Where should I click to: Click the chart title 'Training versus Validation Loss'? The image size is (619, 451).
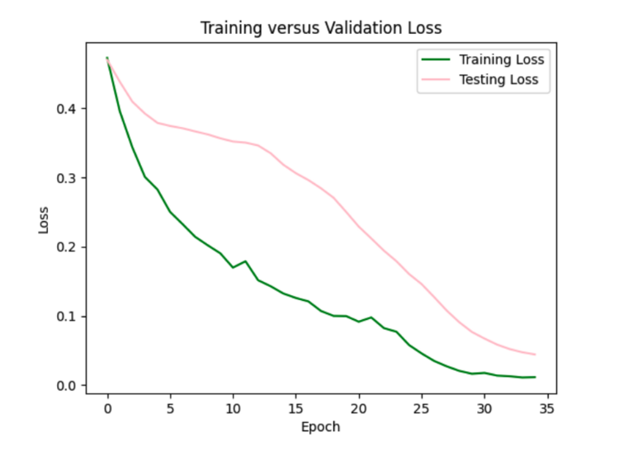[322, 28]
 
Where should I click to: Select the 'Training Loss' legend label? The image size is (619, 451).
[502, 59]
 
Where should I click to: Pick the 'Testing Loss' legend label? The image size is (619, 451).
[499, 80]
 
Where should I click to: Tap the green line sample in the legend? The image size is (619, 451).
[434, 59]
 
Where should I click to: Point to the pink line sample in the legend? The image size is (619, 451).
[434, 80]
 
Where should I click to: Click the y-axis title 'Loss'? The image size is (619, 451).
[44, 220]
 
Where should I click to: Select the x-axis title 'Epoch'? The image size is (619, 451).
[321, 427]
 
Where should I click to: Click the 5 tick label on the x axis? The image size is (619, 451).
[170, 407]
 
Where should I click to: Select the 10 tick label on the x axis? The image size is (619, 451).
[233, 407]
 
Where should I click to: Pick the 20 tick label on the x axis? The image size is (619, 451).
[359, 407]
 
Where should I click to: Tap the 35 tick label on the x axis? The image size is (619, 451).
[547, 407]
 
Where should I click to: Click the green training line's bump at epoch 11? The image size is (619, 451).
[245, 261]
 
